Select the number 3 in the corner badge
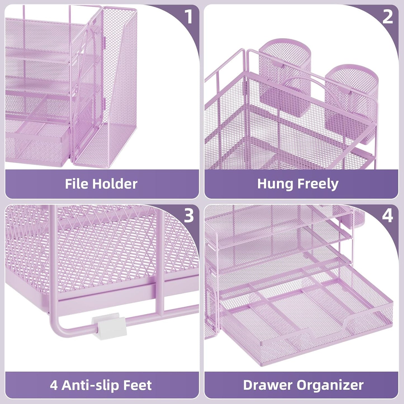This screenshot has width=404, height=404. [189, 216]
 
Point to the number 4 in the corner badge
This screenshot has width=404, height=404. [388, 216]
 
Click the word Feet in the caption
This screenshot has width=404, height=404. [138, 385]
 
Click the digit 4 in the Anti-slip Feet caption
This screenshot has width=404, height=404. [54, 385]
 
